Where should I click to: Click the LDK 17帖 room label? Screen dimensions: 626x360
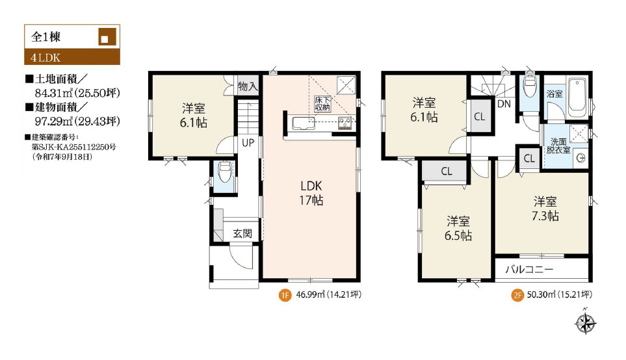point(311,193)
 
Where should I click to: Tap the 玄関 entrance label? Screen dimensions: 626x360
point(242,233)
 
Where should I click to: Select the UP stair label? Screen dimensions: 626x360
point(248,142)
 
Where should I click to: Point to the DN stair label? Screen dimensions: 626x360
point(504,104)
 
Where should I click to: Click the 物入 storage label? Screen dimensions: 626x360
point(248,86)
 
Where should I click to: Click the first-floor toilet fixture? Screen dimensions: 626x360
point(225,171)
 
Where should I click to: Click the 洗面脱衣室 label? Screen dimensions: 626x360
point(558,146)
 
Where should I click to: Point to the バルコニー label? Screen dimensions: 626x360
point(529,270)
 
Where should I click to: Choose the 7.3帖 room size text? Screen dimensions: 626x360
point(545,216)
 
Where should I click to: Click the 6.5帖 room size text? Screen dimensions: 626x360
point(458,235)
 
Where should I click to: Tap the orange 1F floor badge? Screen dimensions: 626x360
point(285,296)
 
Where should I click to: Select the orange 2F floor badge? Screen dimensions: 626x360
point(517,296)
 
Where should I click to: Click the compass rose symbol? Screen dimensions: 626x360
point(586,322)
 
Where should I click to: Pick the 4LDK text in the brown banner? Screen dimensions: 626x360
point(46,58)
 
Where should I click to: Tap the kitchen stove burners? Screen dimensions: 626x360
point(345,123)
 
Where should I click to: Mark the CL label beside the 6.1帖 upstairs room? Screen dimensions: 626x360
point(479,116)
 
